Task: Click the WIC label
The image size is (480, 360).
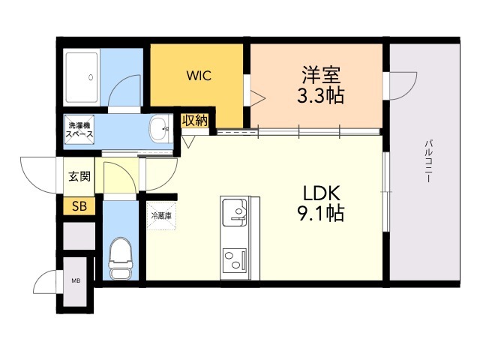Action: pos(199,75)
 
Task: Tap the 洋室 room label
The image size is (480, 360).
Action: pos(321,75)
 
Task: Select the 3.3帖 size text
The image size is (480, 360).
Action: pos(320,95)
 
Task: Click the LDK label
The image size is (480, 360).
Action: pos(321,193)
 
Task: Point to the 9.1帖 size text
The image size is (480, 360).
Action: pos(321,213)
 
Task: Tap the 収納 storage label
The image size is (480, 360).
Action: pos(195,121)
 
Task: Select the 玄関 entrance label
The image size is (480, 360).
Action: pos(79,176)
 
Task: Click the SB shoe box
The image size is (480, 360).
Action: pos(79,206)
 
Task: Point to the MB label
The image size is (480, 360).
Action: pos(76,280)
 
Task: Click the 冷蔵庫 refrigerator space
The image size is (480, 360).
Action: pos(162,216)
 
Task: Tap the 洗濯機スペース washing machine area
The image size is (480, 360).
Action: pos(79,130)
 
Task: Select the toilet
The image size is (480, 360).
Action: pos(120,259)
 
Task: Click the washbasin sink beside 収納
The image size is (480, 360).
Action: pos(160,129)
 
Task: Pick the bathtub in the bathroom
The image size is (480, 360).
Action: pos(82,78)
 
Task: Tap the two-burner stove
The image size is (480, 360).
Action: pos(235,260)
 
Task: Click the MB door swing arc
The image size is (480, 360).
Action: pos(42,279)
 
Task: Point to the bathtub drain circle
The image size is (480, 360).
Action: pos(91,77)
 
